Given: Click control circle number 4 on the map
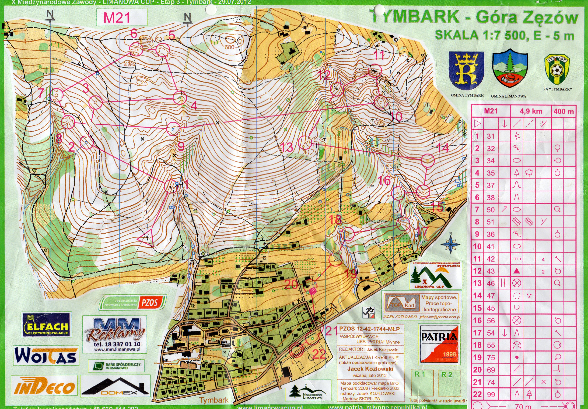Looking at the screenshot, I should [179, 98].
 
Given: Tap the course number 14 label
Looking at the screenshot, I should [442, 148].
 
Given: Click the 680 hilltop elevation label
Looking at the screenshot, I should [229, 47].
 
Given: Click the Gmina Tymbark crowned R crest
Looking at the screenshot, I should [466, 70].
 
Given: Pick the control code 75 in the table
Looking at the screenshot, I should [491, 357].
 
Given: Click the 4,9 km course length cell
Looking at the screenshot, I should [531, 111].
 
